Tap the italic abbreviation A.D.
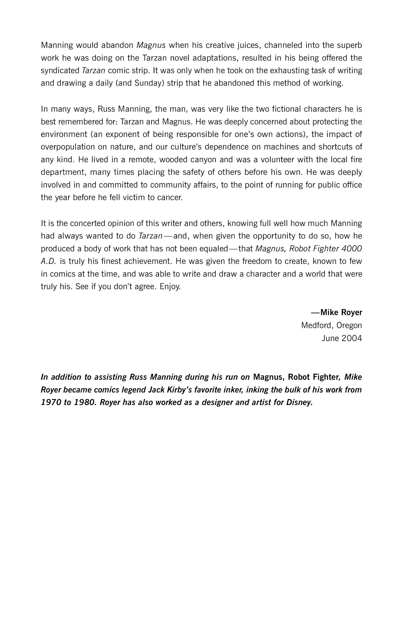pyautogui.click(x=48, y=261)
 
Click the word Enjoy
pyautogui.click(x=170, y=287)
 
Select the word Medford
pyautogui.click(x=317, y=325)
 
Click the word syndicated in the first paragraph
pyautogui.click(x=60, y=71)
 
